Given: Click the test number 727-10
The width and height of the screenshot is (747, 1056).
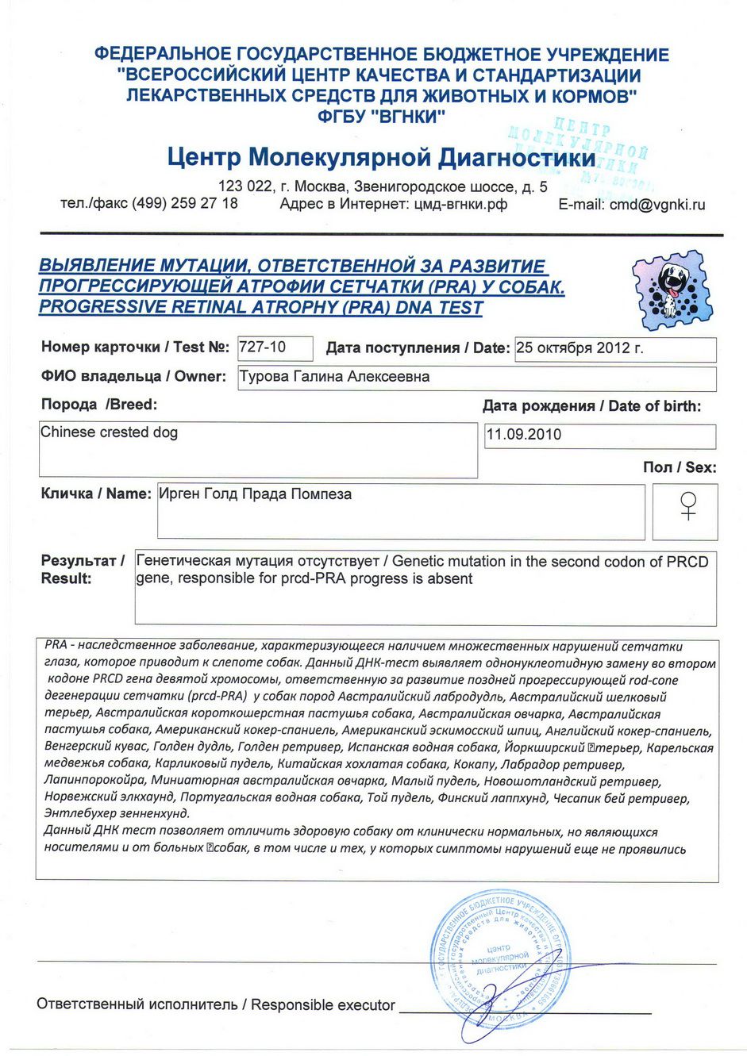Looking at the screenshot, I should pos(262,347).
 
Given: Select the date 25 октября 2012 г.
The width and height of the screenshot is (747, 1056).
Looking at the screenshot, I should pos(580,348).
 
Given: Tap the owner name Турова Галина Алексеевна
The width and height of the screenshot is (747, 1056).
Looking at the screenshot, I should pos(334,377).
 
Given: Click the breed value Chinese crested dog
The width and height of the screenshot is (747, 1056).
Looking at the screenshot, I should pos(109,432).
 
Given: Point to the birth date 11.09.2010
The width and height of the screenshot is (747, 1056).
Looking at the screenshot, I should pos(523,435).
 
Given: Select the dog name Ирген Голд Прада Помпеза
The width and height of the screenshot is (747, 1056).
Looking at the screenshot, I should pos(255,494).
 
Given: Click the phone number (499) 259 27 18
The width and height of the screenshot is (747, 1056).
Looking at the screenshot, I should pos(184,203).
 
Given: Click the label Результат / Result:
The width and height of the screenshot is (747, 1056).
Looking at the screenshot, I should pos(83,570).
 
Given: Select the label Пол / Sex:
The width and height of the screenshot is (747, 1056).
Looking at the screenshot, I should pos(679,467).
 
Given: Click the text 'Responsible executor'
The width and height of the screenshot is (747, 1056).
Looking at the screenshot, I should pos(323,1005).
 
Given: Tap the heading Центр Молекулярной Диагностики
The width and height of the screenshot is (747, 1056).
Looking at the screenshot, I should pos(381,157).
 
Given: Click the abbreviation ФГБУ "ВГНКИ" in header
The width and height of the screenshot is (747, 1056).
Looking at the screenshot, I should pos(381,117).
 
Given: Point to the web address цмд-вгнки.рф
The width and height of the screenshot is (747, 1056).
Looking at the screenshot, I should pos(460,204).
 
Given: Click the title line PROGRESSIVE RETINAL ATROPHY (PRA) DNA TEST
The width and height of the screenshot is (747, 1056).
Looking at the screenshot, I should pos(260,308).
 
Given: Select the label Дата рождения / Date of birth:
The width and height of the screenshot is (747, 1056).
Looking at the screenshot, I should pos(591,406).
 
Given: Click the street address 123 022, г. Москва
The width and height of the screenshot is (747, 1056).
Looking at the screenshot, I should pos(283,187).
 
